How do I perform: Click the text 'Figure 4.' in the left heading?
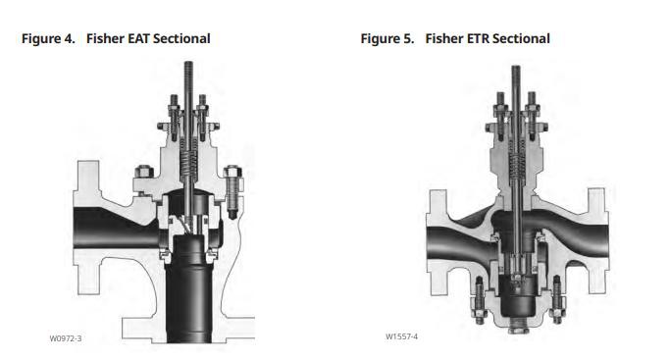(x=48, y=39)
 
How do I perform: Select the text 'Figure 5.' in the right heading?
(x=387, y=39)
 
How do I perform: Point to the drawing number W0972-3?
(x=66, y=338)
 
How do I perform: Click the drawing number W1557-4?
(x=401, y=336)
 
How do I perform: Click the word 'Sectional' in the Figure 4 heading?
(x=181, y=39)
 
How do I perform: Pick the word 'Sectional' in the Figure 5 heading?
(x=521, y=39)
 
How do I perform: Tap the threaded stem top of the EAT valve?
(x=188, y=77)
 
